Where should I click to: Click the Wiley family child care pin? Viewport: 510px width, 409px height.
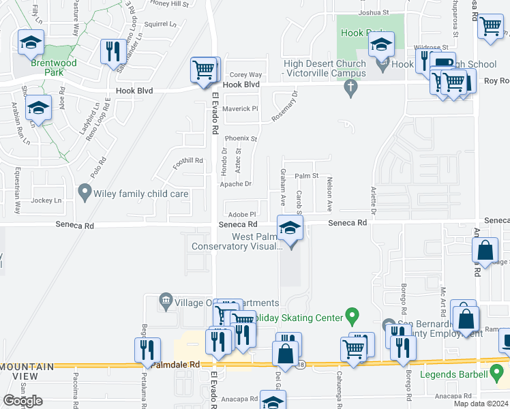coord(85,193)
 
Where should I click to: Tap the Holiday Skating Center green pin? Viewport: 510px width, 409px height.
coord(352,316)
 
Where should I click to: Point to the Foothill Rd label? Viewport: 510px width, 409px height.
coord(188,161)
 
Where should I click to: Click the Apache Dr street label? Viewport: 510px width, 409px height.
coord(235,184)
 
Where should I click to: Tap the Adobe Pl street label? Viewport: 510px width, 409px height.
coord(242,214)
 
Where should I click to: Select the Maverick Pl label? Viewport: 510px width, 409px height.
coord(241,108)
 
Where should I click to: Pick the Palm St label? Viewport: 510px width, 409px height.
coord(307,176)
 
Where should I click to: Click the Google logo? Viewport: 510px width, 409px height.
coord(23,401)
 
